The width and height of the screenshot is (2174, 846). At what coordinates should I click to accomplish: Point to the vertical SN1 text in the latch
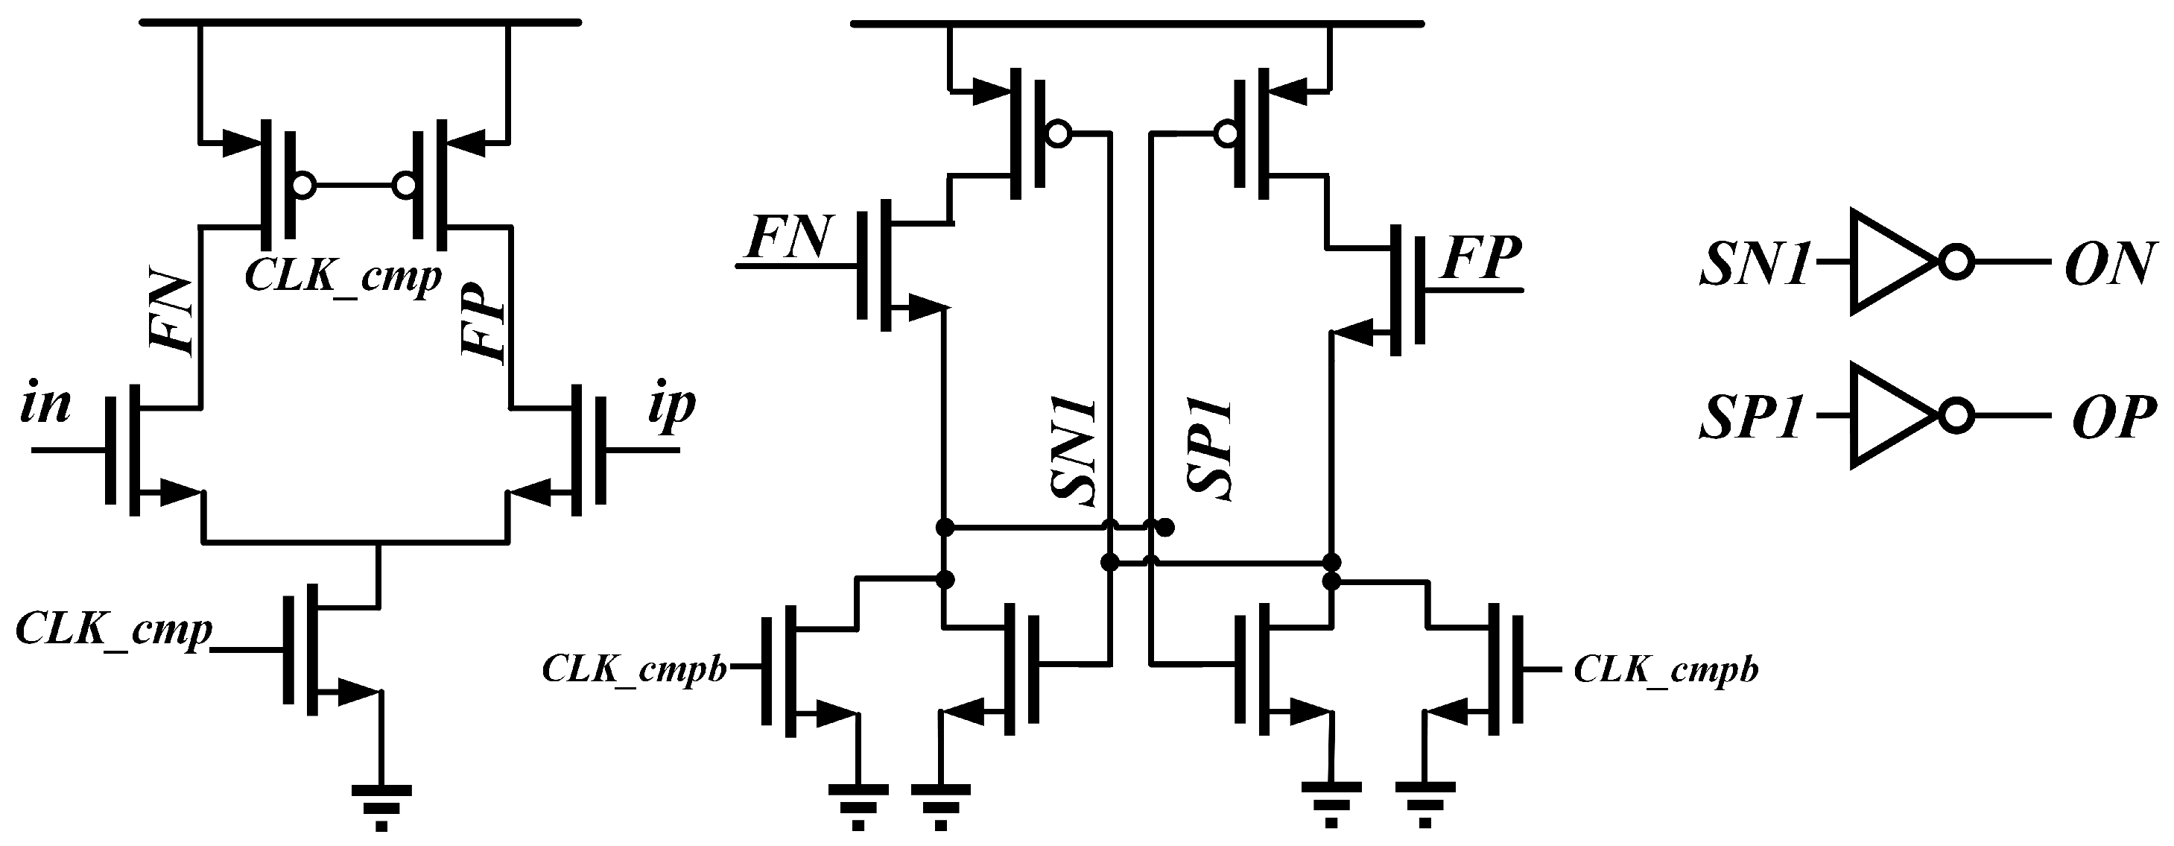click(1074, 452)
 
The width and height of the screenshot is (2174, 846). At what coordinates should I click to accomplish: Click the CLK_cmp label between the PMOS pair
click(343, 275)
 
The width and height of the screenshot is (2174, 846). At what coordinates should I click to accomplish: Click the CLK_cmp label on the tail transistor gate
click(114, 628)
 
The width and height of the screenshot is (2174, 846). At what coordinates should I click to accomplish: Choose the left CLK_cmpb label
click(635, 669)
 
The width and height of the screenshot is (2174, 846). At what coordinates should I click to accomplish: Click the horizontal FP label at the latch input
click(1482, 259)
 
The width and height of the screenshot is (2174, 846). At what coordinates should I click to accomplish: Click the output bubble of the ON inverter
click(1956, 262)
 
